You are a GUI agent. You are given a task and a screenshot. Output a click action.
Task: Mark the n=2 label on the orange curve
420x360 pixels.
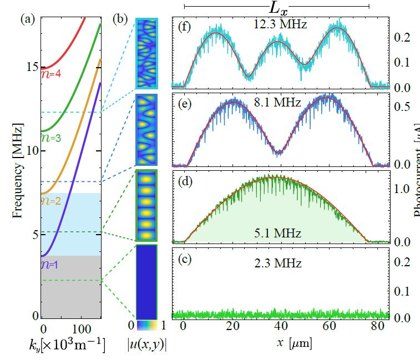50,201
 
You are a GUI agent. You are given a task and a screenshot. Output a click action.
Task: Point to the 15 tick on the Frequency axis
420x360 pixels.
31,68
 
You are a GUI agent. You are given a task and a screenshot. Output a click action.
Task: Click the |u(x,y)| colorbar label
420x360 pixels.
146,344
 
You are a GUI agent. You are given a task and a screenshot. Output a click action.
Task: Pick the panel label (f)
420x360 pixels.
184,26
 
